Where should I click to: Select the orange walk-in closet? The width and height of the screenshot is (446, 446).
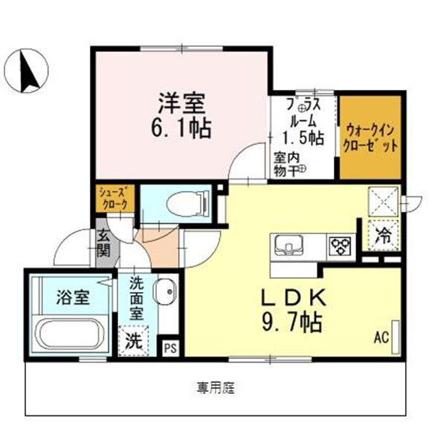coord(370,138)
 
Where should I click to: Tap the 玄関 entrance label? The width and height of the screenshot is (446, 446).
coord(103,243)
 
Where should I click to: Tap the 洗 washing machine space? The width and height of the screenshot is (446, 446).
coord(135,343)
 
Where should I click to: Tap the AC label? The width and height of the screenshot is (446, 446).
coord(381,338)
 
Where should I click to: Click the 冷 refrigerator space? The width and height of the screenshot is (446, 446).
coord(384,237)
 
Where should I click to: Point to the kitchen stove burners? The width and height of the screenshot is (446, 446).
coord(341,245)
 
